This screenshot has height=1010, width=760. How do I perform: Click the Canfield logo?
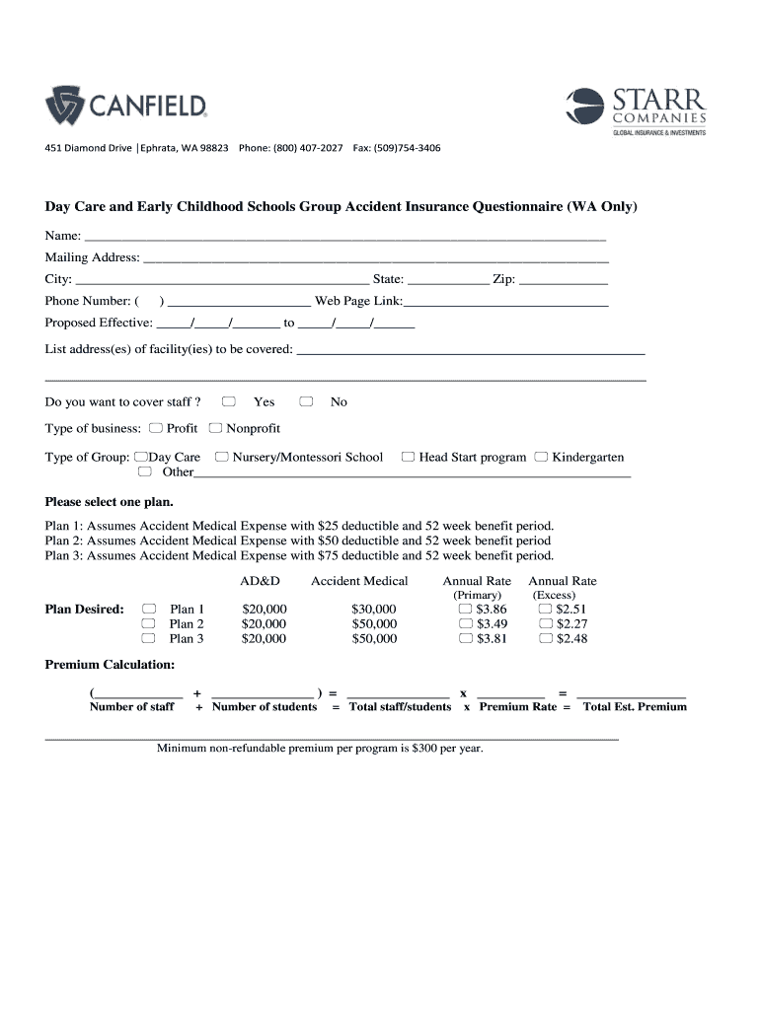[x=125, y=105]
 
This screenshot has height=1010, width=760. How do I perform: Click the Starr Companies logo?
[x=636, y=111]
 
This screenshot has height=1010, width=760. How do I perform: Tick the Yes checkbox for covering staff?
[x=229, y=401]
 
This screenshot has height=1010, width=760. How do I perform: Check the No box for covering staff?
[x=306, y=401]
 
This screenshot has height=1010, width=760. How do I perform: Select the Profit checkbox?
[x=156, y=428]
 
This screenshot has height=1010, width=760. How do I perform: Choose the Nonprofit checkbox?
[x=215, y=428]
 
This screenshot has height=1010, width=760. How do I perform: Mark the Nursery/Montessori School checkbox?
[x=222, y=457]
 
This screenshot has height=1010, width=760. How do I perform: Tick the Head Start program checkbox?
[x=408, y=457]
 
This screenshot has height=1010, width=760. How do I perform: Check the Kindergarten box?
[x=541, y=457]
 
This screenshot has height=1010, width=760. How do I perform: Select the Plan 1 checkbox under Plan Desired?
[x=149, y=609]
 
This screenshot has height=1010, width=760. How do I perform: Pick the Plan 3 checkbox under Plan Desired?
[x=149, y=638]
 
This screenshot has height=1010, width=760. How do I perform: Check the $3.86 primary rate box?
[x=466, y=610]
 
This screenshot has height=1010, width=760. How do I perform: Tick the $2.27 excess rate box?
[x=545, y=624]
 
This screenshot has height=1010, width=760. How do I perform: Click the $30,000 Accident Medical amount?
[x=373, y=610]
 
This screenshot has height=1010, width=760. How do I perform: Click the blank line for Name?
[x=345, y=239]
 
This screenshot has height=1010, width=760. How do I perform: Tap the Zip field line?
[x=563, y=282]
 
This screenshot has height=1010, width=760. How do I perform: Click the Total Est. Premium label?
[x=635, y=707]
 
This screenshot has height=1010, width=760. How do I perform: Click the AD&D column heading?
[x=261, y=581]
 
